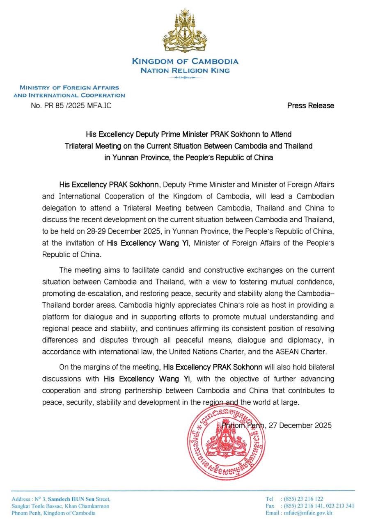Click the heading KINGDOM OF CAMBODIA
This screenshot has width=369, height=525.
185,62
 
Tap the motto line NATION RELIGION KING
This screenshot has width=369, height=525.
185,70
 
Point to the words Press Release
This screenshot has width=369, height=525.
310,105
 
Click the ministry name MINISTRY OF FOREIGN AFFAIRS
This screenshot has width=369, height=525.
69,87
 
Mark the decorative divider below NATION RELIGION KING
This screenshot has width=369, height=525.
185,77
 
